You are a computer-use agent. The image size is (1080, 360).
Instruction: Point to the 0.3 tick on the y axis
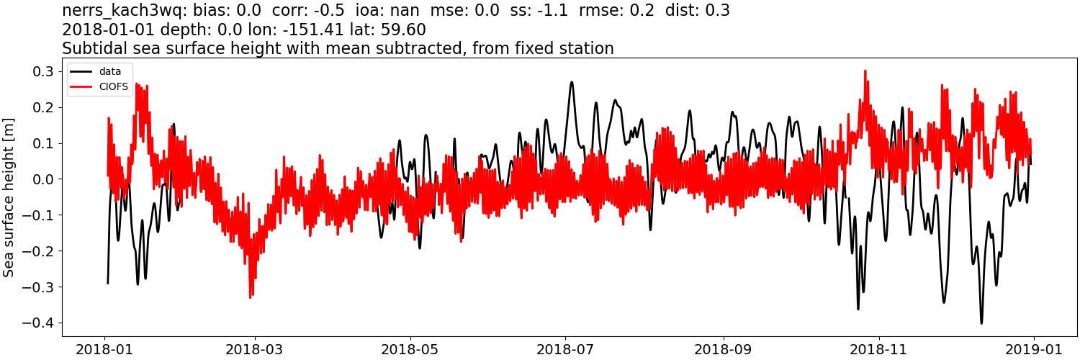click(x=42, y=71)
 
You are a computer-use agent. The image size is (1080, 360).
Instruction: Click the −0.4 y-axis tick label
click(x=39, y=323)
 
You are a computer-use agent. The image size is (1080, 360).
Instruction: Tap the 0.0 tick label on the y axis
click(x=42, y=179)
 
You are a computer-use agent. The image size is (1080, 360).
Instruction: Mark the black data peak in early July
click(x=572, y=82)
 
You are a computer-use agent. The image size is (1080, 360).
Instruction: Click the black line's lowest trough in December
click(x=981, y=323)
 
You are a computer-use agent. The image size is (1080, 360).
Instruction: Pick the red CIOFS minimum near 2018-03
click(x=250, y=297)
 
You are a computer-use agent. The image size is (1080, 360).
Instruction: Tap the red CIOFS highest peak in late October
click(x=865, y=71)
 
